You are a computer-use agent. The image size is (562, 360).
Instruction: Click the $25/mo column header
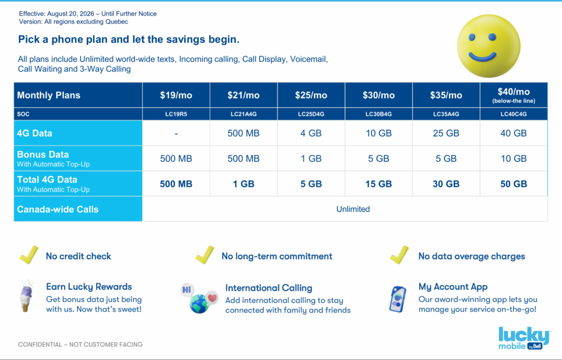311,95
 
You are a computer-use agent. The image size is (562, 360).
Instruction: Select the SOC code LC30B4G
379,114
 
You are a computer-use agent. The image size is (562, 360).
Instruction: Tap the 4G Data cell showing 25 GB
446,133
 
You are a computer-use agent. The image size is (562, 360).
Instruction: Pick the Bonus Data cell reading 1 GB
311,159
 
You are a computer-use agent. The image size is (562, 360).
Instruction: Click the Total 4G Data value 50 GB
514,184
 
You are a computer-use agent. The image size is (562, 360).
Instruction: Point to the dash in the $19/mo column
176,134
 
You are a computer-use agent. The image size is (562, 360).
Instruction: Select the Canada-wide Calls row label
58,210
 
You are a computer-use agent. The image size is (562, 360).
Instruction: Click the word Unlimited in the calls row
353,209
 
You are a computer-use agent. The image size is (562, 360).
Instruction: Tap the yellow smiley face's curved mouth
482,57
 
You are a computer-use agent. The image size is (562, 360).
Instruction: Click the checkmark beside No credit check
30,255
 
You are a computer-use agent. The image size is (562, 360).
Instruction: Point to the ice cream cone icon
26,296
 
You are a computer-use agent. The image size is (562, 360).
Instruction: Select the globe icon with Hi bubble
199,299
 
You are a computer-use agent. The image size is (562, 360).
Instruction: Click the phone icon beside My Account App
398,299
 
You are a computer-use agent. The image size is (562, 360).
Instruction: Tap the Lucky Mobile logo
524,337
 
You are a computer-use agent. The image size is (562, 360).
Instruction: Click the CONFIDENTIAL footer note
80,345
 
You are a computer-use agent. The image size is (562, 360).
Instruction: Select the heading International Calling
269,288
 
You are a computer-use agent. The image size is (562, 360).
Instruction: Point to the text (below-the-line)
514,101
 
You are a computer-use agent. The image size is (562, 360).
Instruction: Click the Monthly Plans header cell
78,95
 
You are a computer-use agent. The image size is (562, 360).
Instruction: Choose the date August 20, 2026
71,14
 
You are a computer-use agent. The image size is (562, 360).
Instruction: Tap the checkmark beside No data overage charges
400,255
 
